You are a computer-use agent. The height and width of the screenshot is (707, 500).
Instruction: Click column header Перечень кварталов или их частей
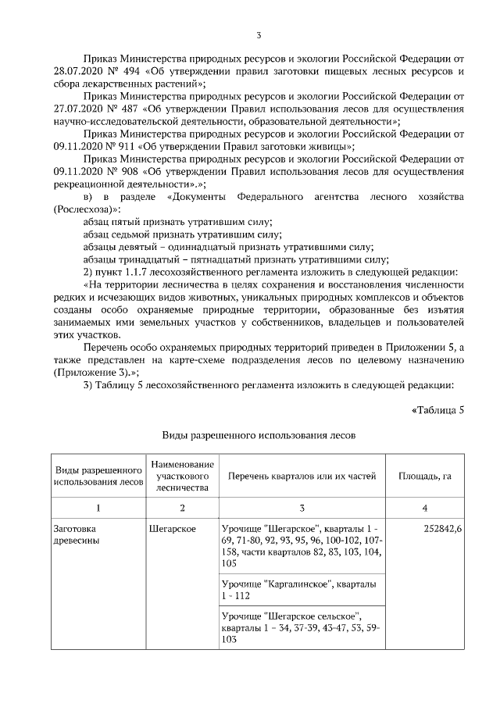coord(302,475)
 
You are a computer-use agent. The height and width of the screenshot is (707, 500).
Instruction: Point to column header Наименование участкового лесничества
coord(181,475)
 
